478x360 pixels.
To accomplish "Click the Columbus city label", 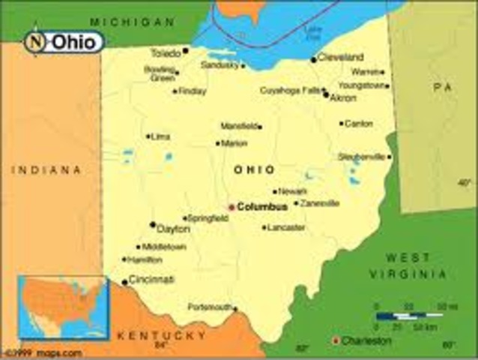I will coord(262,206).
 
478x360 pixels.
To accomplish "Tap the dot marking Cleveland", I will coord(313,59).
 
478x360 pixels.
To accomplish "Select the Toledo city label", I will coord(166,53).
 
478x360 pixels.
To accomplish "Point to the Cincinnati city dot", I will coord(124,283).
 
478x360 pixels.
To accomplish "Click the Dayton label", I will coord(174,229).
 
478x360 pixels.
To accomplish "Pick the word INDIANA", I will coord(46,170).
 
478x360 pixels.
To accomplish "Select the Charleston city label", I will coord(366,340).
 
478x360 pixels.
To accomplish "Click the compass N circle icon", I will coord(35,42).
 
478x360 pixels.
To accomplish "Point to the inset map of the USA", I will coord(63,307).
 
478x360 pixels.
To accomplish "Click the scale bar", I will coord(409,316).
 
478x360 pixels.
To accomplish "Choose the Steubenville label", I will coord(361,157).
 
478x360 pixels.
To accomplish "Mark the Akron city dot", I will coord(325,94).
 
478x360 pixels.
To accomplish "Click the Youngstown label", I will coord(361,85).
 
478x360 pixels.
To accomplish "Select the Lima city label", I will coord(161,136).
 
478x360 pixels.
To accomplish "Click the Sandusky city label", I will coord(220,65).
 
